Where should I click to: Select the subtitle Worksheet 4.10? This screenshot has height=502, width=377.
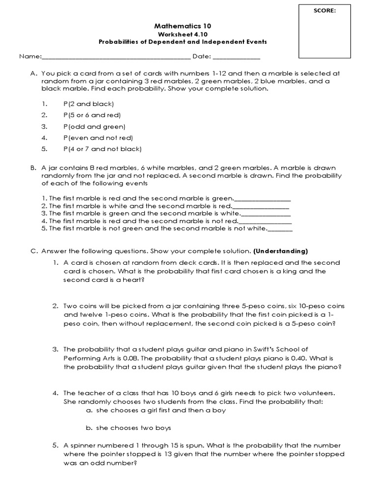click(x=182, y=34)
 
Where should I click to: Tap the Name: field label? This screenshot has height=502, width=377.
click(x=30, y=56)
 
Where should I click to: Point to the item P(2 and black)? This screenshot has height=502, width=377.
click(x=88, y=104)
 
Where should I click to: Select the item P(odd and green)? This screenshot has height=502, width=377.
click(x=94, y=126)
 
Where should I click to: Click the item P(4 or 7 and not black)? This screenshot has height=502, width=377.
click(x=102, y=149)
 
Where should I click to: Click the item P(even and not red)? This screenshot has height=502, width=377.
click(x=98, y=138)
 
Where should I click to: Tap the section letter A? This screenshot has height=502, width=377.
click(x=34, y=73)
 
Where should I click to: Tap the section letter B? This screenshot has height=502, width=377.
click(x=34, y=167)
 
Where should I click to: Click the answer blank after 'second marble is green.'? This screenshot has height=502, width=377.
click(x=263, y=199)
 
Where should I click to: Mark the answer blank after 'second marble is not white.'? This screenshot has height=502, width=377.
click(x=280, y=229)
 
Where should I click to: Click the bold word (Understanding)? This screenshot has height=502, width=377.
click(x=280, y=251)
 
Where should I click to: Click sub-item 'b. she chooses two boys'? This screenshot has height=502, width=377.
click(x=128, y=428)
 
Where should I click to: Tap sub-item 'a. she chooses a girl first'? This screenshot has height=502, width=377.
click(x=156, y=410)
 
